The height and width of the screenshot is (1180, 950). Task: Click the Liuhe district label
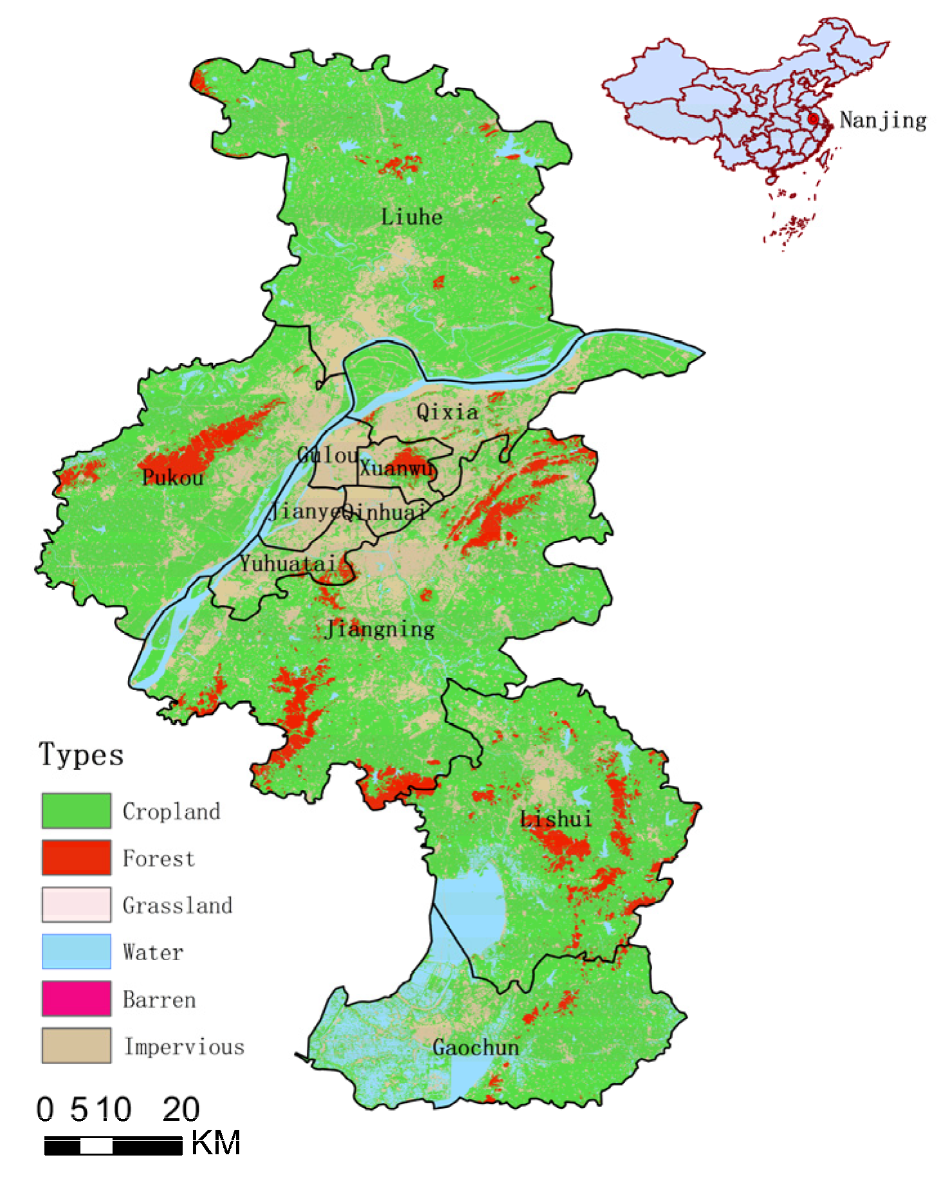point(412,217)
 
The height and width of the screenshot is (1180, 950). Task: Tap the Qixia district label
point(447,412)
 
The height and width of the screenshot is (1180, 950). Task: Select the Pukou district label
point(172,477)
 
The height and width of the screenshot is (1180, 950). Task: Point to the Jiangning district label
point(379,629)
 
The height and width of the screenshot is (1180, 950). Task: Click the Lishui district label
point(556,818)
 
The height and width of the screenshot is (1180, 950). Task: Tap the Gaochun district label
point(475,1047)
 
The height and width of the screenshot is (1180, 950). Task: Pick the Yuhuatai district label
point(288,564)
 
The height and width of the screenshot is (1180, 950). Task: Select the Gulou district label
point(327,455)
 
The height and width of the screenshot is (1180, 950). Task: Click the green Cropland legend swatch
point(76,811)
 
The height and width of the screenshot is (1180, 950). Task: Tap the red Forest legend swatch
point(76,857)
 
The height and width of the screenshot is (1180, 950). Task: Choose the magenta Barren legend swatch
point(76,998)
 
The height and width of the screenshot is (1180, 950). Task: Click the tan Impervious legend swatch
point(76,1045)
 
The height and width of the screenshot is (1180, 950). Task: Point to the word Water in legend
point(153,952)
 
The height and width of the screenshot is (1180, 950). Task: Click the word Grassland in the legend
point(177,905)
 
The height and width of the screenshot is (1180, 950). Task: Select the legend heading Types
point(81,754)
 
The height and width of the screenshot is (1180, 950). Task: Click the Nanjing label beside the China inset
point(882,120)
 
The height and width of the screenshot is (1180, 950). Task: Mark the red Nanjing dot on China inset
point(813,119)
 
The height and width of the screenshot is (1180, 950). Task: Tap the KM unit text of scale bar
point(215,1143)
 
